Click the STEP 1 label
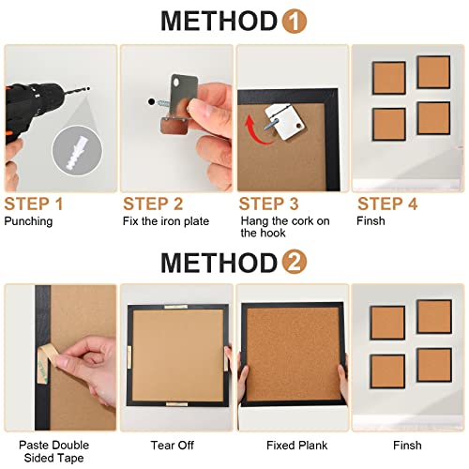tap(34, 204)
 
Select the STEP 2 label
tap(153, 204)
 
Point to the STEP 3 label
tap(270, 204)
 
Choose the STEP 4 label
tap(386, 204)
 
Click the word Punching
tap(29, 221)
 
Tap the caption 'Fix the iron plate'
tap(165, 221)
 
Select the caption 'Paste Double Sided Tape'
tap(47, 446)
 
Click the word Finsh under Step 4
tap(371, 221)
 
